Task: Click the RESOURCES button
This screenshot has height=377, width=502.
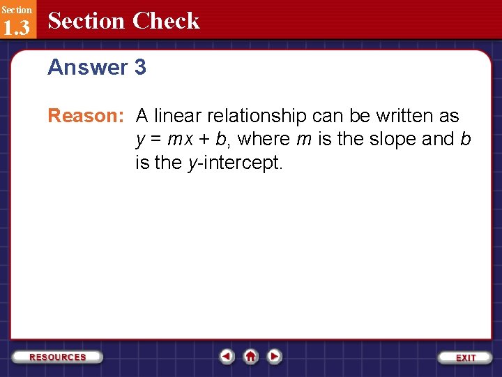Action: click(57, 357)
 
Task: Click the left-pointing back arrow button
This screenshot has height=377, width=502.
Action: click(227, 357)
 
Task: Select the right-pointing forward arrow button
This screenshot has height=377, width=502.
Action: click(275, 357)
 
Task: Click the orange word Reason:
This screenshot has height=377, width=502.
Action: click(85, 116)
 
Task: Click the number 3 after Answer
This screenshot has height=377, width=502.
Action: click(140, 68)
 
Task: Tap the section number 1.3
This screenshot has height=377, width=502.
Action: click(17, 27)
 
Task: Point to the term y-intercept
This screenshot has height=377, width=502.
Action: click(236, 164)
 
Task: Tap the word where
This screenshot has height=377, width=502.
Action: click(264, 140)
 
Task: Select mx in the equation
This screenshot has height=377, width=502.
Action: click(181, 140)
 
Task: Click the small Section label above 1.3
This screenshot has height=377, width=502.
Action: click(16, 10)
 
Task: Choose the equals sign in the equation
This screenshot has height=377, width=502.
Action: click(155, 140)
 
